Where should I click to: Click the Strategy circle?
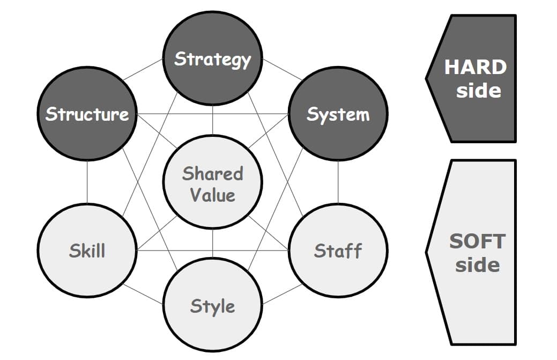pos(212,58)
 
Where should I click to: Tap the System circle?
pos(338,114)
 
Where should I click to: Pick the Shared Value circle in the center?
pos(212,182)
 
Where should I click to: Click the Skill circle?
pos(87,250)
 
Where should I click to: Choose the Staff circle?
pos(338,250)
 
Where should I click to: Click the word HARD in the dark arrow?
pos(475,68)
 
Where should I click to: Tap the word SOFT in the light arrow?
pos(477,241)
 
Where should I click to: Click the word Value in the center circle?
pos(212,195)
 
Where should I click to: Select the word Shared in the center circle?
pos(212,173)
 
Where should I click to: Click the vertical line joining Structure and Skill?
pos(87,182)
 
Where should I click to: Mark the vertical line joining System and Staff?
pos(338,182)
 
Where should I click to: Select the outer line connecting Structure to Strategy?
pos(143,69)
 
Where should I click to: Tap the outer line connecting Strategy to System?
pos(282,69)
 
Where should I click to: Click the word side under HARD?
pos(479,90)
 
